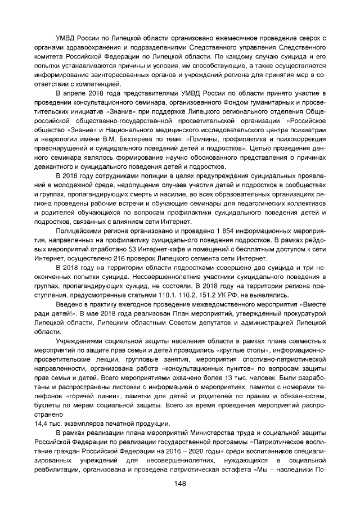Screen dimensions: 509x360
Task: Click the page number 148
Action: pos(180,484)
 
